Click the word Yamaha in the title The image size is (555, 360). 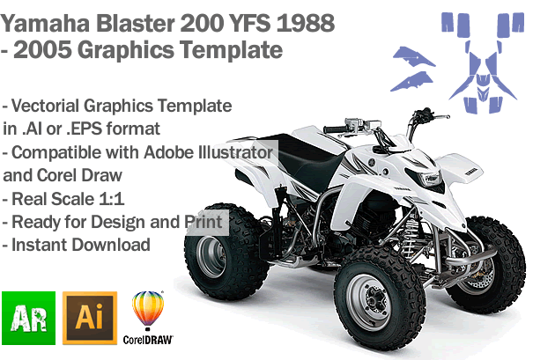(45, 24)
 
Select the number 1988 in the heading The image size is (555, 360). (306, 24)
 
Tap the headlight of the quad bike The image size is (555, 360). (430, 178)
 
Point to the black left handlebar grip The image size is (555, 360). (334, 129)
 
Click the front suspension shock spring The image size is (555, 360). (411, 231)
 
